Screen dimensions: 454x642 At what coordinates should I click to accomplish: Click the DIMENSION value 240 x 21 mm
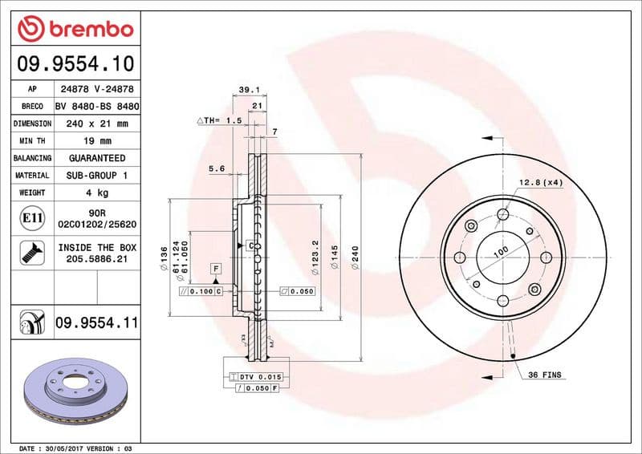point(96,124)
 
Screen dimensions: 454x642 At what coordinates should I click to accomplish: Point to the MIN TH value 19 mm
point(96,141)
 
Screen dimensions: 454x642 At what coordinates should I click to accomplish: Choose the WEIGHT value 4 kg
point(96,193)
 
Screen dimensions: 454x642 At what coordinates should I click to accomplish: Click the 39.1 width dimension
point(248,91)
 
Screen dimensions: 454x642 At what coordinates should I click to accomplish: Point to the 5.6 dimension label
point(216,168)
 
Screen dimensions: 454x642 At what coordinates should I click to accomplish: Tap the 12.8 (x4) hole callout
point(541,183)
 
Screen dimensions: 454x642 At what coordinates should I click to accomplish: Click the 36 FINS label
point(545,375)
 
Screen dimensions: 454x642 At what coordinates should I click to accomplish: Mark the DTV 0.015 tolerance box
point(257,376)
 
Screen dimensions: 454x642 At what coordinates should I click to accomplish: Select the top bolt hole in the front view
point(502,214)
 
